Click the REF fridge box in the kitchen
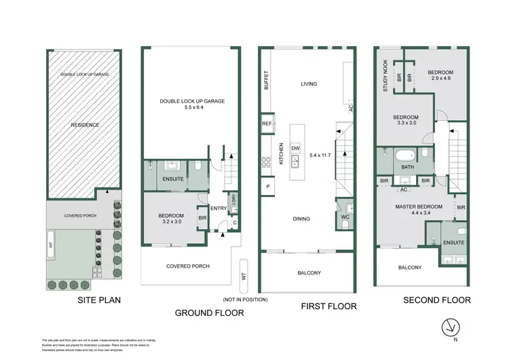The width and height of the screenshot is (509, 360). tap(267, 124)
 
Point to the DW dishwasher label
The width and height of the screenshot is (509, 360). tap(295, 147)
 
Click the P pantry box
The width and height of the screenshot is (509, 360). tap(267, 186)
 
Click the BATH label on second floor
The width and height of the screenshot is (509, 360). tap(407, 166)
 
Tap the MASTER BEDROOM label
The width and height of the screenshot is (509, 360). tap(419, 206)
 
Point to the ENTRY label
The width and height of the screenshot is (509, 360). tap(219, 209)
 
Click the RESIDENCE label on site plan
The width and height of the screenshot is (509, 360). tap(86, 125)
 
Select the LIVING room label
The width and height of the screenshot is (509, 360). tap(309, 84)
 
